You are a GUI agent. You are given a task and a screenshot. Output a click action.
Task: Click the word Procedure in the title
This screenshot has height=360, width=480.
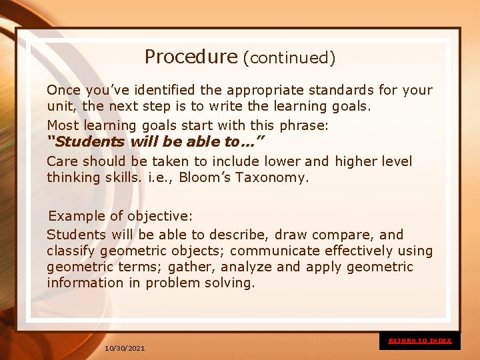191,57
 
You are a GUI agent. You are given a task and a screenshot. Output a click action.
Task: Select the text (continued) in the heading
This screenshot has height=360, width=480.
289,58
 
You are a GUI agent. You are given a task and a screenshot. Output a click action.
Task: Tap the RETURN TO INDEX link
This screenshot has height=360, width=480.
420,341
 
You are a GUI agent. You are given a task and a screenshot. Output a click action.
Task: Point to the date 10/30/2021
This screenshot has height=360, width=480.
125,349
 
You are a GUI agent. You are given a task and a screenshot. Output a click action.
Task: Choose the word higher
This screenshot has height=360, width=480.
359,161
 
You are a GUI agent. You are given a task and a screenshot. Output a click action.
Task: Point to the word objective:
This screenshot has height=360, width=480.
160,216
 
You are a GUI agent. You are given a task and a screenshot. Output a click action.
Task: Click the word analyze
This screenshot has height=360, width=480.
247,267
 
